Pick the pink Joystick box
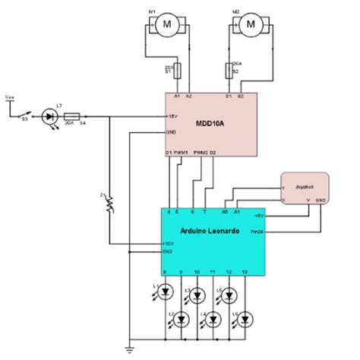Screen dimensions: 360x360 tap(305, 188)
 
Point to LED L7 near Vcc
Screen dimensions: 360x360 tap(51, 116)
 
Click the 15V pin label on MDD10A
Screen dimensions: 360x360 tap(172, 116)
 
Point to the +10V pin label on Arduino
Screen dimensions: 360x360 tap(169, 244)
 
